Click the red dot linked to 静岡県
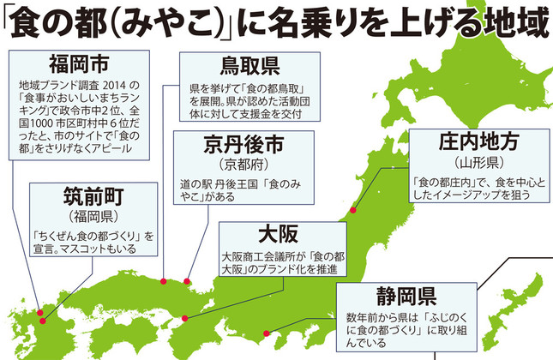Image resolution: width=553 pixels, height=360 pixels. click(265, 333)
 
